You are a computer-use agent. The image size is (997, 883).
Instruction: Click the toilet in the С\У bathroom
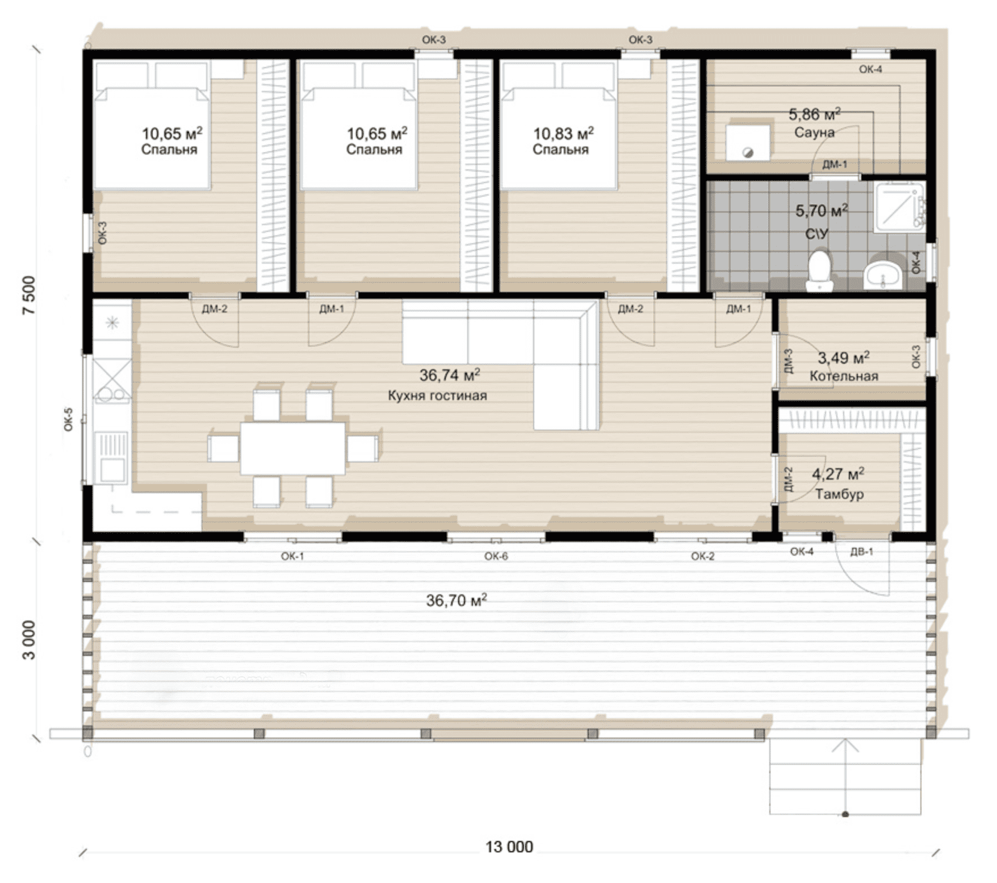pos(819,271)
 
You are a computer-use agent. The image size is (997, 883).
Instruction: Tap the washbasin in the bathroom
pos(883,274)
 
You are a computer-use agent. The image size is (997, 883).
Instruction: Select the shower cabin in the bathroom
pos(899,207)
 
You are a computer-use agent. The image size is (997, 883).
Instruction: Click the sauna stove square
pos(748,143)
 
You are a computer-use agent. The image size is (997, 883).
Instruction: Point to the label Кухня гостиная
pos(437,395)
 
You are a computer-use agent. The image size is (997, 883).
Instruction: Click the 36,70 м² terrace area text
pos(456,600)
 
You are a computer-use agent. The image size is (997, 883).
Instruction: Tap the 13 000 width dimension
pos(509,847)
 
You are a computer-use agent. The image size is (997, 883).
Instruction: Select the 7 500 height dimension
pos(29,295)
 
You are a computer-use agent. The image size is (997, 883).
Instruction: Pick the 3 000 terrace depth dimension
pos(29,640)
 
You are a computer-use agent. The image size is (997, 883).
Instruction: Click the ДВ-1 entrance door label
pos(861,551)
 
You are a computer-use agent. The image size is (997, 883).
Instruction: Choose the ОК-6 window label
pos(496,556)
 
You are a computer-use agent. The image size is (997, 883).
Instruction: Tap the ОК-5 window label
pos(69,419)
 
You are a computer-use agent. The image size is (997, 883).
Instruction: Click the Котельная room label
pos(844,376)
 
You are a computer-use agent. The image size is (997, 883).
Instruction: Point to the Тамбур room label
pos(839,494)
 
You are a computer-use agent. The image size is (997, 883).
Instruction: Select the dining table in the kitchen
pos(292,448)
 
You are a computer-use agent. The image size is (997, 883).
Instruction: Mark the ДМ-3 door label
pos(787,361)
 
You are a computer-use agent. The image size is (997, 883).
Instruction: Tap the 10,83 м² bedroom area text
pos(563,134)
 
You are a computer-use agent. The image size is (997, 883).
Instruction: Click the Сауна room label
pos(814,132)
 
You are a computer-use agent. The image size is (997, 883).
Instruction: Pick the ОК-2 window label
pos(703,556)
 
